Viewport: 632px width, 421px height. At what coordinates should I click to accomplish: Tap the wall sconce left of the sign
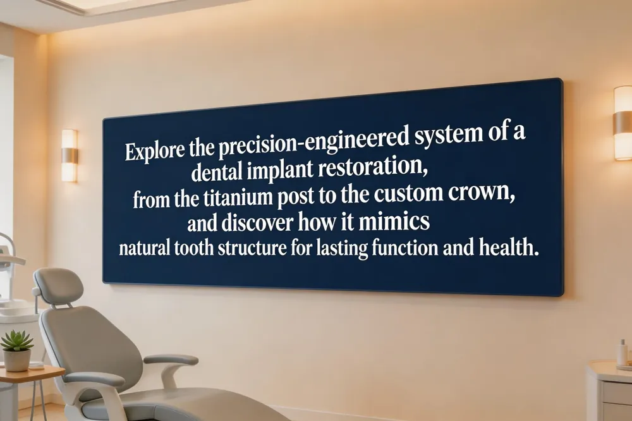coord(70,156)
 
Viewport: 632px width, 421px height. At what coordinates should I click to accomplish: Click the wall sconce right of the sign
coord(623,123)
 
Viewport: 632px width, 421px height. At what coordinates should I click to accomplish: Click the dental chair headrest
coord(59,286)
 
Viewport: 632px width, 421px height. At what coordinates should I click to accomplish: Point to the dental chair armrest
coord(171,360)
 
